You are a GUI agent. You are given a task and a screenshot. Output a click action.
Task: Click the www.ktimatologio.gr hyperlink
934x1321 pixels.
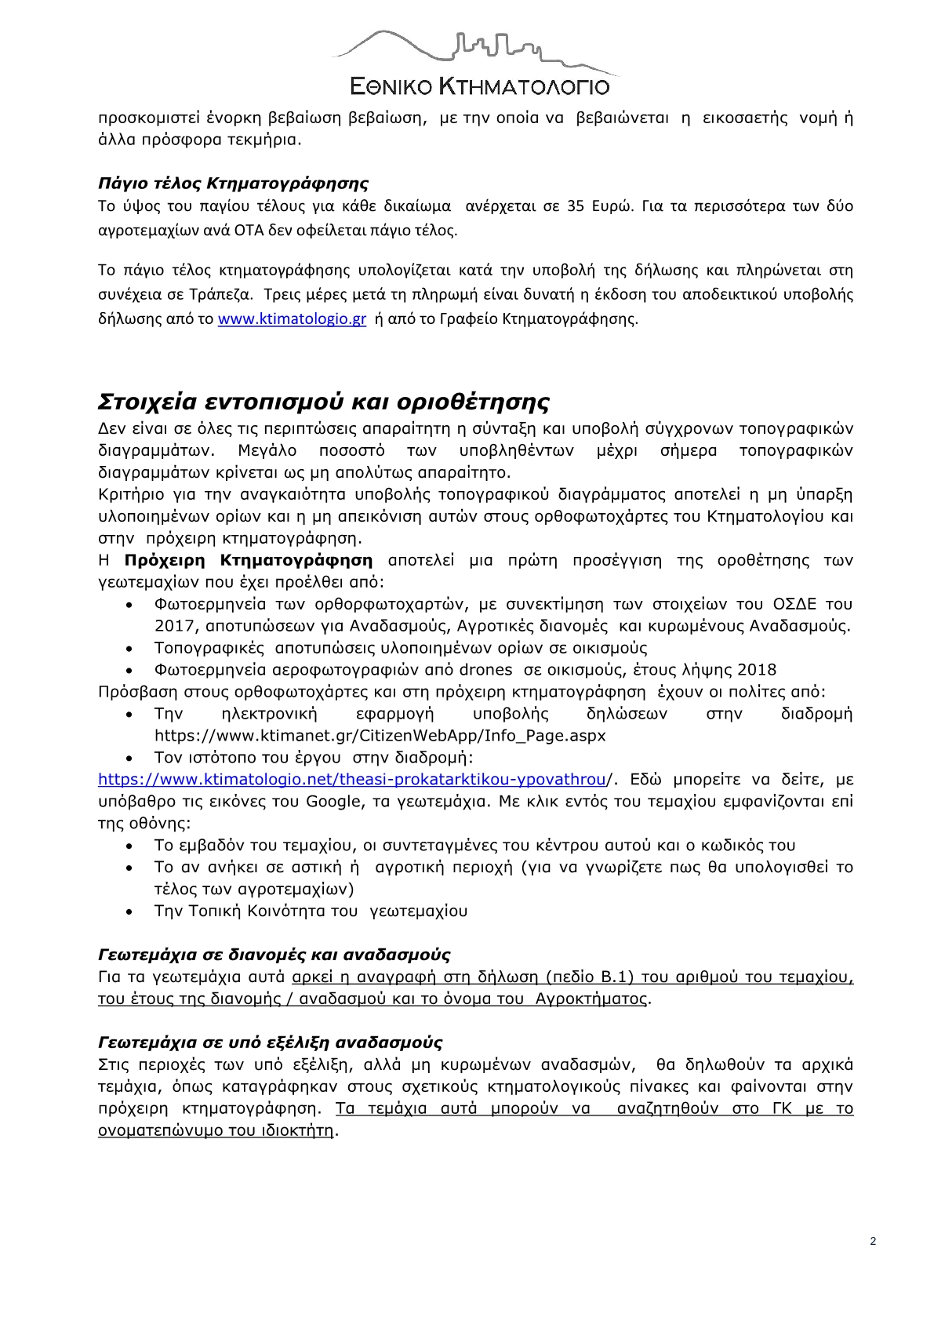pyautogui.click(x=292, y=319)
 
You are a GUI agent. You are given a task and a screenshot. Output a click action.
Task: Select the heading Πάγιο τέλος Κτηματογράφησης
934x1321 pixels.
pyautogui.click(x=233, y=184)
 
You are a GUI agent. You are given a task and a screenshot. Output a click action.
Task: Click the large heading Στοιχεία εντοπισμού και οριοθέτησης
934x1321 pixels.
pyautogui.click(x=323, y=402)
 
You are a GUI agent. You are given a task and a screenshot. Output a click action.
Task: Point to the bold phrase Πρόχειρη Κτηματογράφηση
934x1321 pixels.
pyautogui.click(x=249, y=560)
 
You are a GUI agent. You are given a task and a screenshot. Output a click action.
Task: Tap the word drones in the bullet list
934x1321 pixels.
pyautogui.click(x=485, y=670)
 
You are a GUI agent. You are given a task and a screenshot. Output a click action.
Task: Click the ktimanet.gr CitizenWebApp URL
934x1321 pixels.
pyautogui.click(x=380, y=736)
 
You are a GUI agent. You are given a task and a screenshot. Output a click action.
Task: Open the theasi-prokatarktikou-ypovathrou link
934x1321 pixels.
pyautogui.click(x=352, y=780)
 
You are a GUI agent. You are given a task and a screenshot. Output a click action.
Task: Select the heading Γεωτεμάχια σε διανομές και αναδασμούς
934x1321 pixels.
pyautogui.click(x=274, y=955)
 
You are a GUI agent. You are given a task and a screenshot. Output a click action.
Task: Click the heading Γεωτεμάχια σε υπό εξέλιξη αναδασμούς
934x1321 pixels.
pyautogui.click(x=270, y=1043)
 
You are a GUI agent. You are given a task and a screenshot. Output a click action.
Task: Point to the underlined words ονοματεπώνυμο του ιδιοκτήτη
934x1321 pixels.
pyautogui.click(x=216, y=1131)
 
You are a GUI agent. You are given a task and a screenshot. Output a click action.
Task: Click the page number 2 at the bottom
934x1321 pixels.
pyautogui.click(x=873, y=1241)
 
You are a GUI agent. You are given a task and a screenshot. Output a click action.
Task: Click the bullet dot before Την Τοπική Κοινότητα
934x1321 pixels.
pyautogui.click(x=130, y=912)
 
